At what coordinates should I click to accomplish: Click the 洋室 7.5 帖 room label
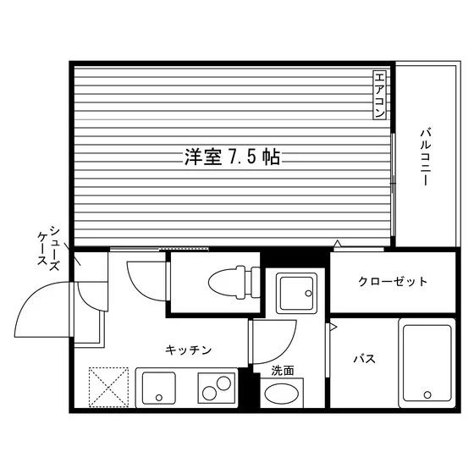pos(232,157)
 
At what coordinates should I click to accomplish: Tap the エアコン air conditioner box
pos(379,95)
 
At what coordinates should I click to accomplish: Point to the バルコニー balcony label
pos(426,157)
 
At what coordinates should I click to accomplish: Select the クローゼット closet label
pos(393,282)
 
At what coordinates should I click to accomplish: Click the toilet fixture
pos(234,283)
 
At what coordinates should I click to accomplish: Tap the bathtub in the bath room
pos(427,363)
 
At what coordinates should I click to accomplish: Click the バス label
pos(365,359)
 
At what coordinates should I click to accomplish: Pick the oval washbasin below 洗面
pos(281,394)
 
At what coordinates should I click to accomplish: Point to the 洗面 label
pos(283,371)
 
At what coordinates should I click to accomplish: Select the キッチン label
pos(188,350)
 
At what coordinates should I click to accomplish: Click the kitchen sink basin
pos(159,389)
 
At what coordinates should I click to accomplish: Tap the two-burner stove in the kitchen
pos(217,388)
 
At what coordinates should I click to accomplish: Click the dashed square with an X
pos(108,388)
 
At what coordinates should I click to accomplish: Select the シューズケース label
pos(48,248)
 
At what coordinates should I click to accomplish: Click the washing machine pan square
pos(296,293)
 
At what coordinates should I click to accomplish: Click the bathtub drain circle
pos(427,394)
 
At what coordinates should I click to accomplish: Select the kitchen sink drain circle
pos(159,398)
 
